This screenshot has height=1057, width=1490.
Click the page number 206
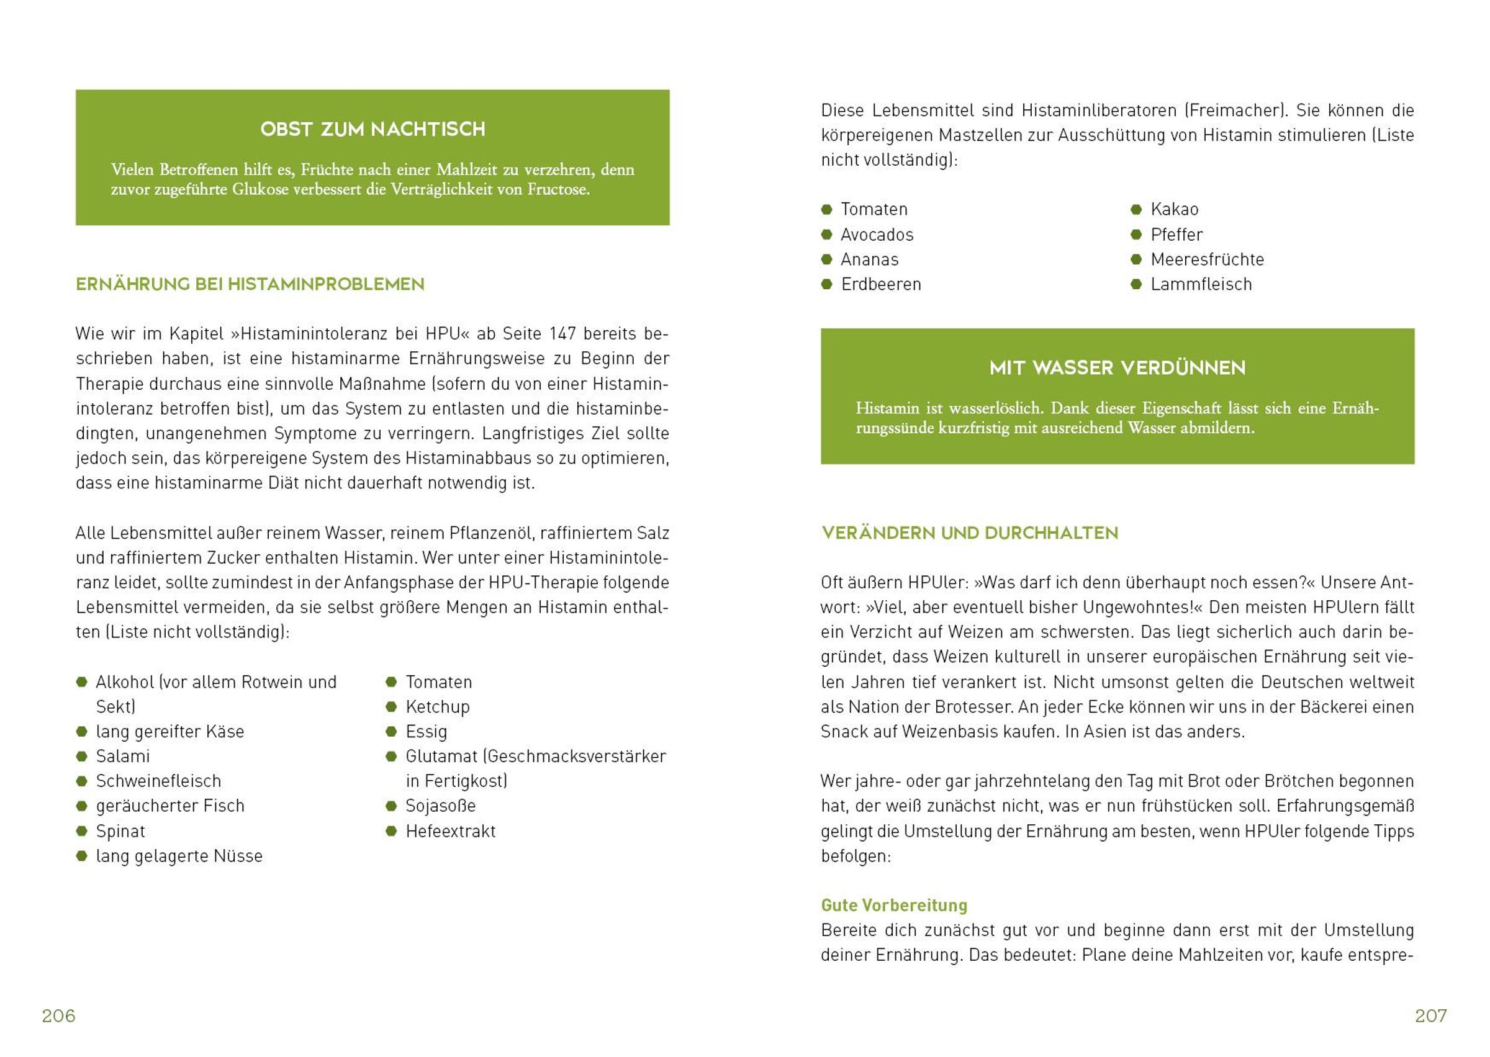[x=58, y=1016]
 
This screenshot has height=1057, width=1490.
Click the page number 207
[x=1430, y=1016]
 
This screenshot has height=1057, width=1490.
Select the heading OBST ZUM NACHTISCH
[x=372, y=129]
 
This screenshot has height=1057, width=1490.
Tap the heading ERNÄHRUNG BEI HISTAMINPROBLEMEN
[x=250, y=284]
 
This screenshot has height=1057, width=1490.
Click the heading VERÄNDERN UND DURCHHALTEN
[x=969, y=533]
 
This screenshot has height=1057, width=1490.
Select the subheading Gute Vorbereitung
[x=894, y=906]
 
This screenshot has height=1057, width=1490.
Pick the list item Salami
[x=122, y=757]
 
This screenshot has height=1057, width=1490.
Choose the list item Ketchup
[x=438, y=707]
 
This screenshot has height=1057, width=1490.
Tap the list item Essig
[x=427, y=732]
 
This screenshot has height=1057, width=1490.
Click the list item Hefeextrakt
[x=451, y=831]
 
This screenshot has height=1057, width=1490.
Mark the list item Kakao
[x=1174, y=210]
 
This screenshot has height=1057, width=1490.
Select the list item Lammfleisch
[x=1201, y=284]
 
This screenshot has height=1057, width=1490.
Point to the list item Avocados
[x=877, y=235]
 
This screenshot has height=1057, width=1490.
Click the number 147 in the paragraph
[x=562, y=334]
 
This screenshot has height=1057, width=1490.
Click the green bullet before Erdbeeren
[x=827, y=284]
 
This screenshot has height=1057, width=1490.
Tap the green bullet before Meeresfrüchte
[x=1137, y=259]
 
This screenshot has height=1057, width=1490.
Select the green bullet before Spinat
[x=81, y=831]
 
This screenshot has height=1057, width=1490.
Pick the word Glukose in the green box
[x=258, y=190]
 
